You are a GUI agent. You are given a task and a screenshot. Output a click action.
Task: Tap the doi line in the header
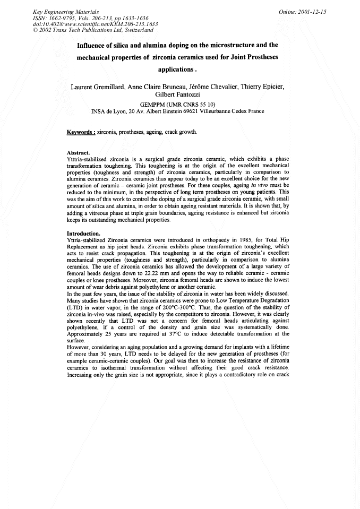click(95, 24)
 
